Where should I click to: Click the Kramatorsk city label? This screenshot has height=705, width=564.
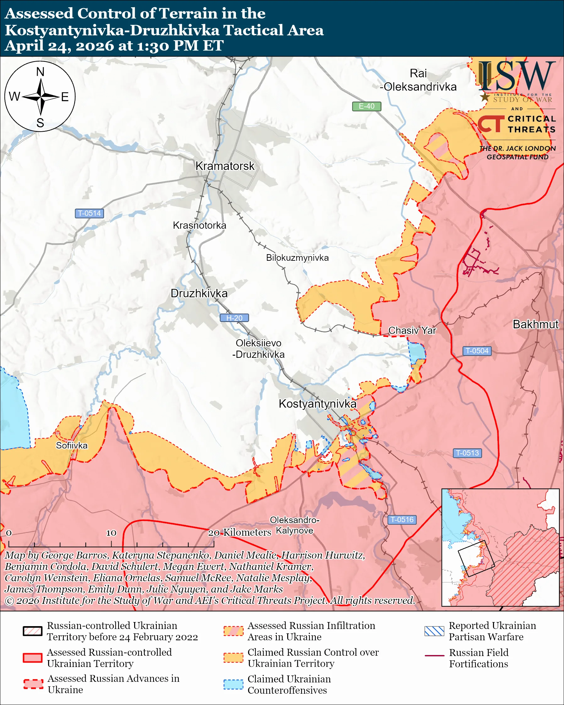225,166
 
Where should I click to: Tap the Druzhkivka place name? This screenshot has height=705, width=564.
199,293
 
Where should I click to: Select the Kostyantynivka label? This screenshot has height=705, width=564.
317,404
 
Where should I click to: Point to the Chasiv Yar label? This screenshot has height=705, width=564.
412,330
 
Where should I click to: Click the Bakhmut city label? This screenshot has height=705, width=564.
535,324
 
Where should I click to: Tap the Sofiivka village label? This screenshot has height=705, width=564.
72,445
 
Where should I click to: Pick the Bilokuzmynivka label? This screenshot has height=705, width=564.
297,258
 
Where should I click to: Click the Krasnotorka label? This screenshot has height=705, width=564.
200,225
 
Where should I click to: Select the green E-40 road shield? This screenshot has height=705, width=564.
366,106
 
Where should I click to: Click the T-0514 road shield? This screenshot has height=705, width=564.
89,213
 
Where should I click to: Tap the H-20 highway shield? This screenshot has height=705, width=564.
234,318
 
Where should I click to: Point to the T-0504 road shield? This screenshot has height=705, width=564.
477,351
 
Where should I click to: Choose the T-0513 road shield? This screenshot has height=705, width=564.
467,453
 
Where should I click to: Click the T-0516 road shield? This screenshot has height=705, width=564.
402,520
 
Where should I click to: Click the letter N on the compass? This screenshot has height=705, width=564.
40,72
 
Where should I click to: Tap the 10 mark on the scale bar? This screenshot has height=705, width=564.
111,533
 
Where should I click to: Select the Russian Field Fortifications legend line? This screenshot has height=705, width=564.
434,656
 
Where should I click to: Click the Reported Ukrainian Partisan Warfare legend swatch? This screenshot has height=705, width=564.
434,631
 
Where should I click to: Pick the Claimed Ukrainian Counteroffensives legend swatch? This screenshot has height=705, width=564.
233,684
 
